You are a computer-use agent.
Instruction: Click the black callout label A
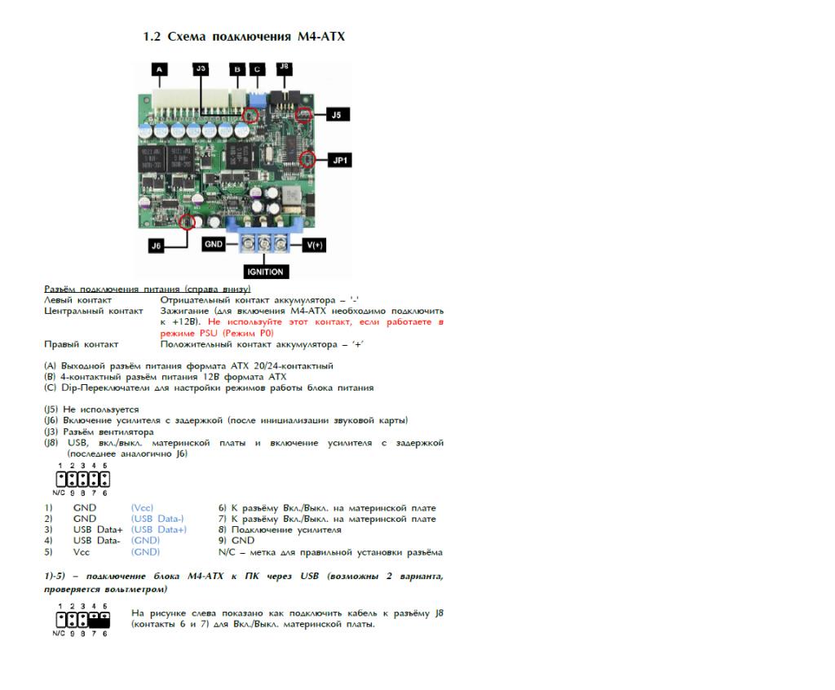pos(159,69)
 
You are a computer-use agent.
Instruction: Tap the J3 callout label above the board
pos(201,69)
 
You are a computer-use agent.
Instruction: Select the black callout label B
pos(237,69)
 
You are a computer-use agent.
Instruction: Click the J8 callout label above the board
pos(285,69)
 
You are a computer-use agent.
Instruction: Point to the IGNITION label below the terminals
pos(264,272)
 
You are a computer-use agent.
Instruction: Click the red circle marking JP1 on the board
pos(307,159)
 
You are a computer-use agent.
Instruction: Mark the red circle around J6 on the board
pos(189,220)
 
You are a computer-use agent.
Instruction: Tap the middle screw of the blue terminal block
pos(264,242)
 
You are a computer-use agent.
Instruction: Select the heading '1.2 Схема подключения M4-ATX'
pos(244,37)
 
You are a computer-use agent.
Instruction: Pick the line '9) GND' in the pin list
pos(236,540)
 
